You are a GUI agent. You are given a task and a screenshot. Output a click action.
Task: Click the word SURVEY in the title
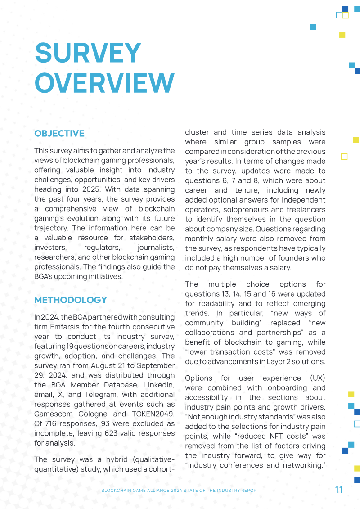tap(88, 53)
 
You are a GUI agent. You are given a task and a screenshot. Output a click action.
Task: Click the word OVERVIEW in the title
tap(104, 82)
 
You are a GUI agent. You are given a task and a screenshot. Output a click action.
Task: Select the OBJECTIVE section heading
tap(59, 134)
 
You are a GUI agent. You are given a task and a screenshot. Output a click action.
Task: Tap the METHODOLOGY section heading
tap(71, 300)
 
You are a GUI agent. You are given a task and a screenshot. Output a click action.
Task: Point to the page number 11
tap(339, 490)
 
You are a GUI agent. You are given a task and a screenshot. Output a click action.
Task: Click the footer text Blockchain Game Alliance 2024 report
tap(180, 491)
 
